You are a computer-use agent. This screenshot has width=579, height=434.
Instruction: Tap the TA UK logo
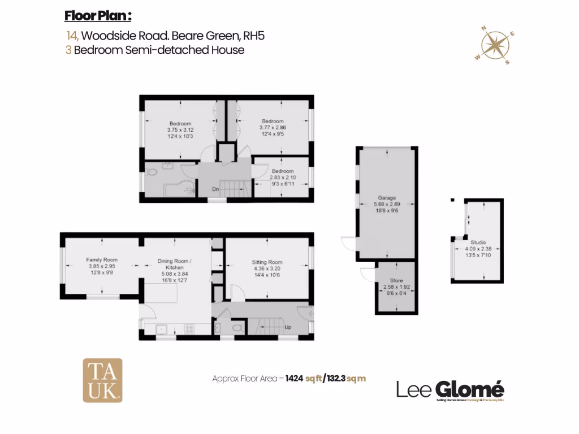tap(102, 380)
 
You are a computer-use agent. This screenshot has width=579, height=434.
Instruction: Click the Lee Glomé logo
tap(450, 390)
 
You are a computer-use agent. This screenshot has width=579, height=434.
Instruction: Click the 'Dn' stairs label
tap(215, 189)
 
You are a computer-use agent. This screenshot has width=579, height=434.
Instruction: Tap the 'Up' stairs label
tap(287, 327)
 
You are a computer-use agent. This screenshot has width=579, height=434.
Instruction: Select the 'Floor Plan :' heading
tap(98, 15)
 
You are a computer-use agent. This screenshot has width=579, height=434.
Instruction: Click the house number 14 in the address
tap(72, 36)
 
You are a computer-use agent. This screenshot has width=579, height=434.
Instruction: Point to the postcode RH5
tap(253, 36)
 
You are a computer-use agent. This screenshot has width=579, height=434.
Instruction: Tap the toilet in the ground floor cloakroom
tap(237, 327)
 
